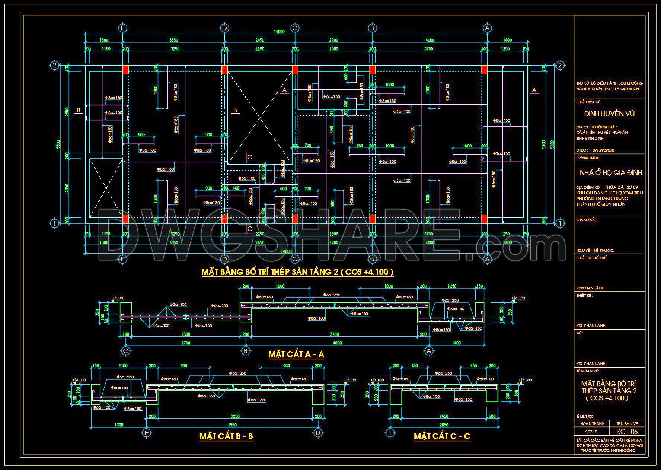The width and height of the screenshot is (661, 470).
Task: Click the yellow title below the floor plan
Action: tap(297, 272)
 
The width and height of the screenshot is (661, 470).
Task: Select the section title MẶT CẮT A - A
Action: tap(296, 354)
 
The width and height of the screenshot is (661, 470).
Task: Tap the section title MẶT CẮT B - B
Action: tap(226, 436)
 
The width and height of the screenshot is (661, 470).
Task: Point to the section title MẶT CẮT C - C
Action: tap(442, 436)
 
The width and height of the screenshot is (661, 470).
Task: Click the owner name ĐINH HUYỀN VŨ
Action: tap(609, 114)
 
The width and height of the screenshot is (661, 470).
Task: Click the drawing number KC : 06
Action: tap(627, 431)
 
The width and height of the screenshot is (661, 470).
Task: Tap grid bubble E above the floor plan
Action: tap(122, 28)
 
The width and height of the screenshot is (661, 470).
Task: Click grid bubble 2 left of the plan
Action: tap(54, 66)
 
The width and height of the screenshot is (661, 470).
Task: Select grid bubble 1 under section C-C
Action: tap(390, 433)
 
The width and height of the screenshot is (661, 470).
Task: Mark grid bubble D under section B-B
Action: tap(318, 433)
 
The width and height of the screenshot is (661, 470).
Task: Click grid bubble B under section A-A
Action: tap(245, 351)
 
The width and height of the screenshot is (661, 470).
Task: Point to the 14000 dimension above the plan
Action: tap(279, 32)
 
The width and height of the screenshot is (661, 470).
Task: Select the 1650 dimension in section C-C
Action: tap(444, 416)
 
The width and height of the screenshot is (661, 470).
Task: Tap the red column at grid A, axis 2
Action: tap(485, 70)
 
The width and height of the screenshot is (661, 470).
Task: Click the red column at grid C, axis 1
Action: tap(295, 219)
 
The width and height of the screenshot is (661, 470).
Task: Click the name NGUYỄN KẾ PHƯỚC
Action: tap(595, 250)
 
